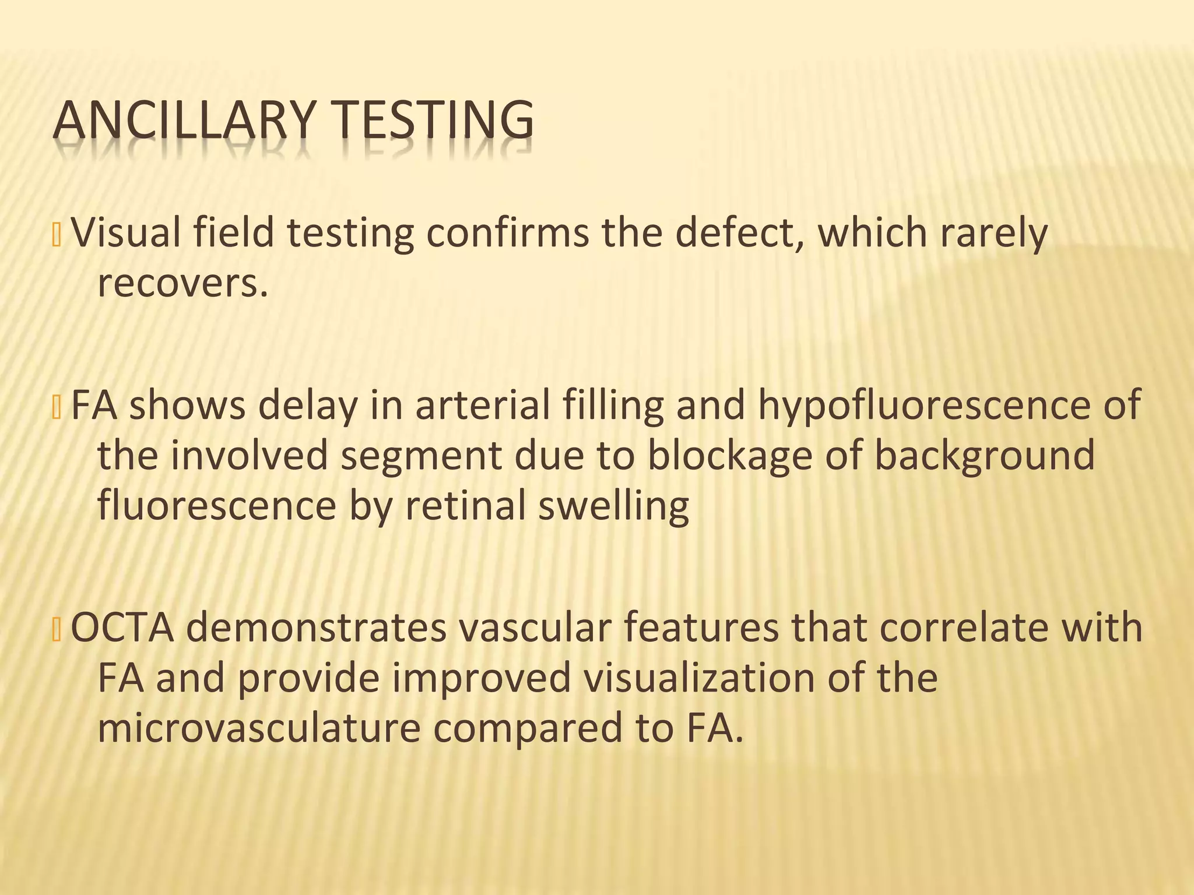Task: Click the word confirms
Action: pos(507,232)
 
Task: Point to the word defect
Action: pos(739,232)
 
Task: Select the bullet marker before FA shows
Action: pos(57,407)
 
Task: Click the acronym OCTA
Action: pos(122,628)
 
